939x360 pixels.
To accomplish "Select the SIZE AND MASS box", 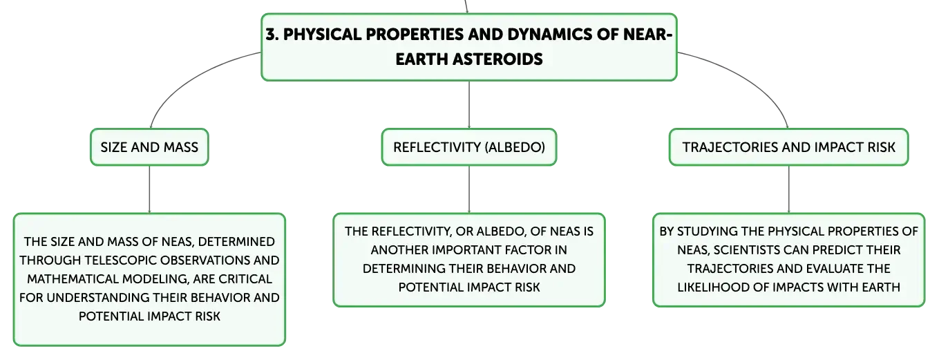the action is pyautogui.click(x=149, y=147).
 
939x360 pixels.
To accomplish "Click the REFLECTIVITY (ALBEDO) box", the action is pyautogui.click(x=469, y=147).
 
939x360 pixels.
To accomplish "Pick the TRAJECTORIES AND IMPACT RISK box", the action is pyautogui.click(x=788, y=147).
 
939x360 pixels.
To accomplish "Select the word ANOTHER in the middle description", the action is pyautogui.click(x=399, y=250).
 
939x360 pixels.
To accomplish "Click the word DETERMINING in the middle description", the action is pyautogui.click(x=404, y=269).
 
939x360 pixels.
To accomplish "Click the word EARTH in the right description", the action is pyautogui.click(x=881, y=287).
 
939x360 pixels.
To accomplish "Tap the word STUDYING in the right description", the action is pyautogui.click(x=708, y=231).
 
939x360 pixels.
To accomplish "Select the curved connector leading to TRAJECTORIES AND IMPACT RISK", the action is pyautogui.click(x=750, y=77).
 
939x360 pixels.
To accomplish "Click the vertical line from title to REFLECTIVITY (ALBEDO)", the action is pyautogui.click(x=469, y=104).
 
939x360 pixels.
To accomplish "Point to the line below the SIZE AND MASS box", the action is pyautogui.click(x=149, y=189).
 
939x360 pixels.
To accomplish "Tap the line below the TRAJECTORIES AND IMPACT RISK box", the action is pyautogui.click(x=789, y=189).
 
